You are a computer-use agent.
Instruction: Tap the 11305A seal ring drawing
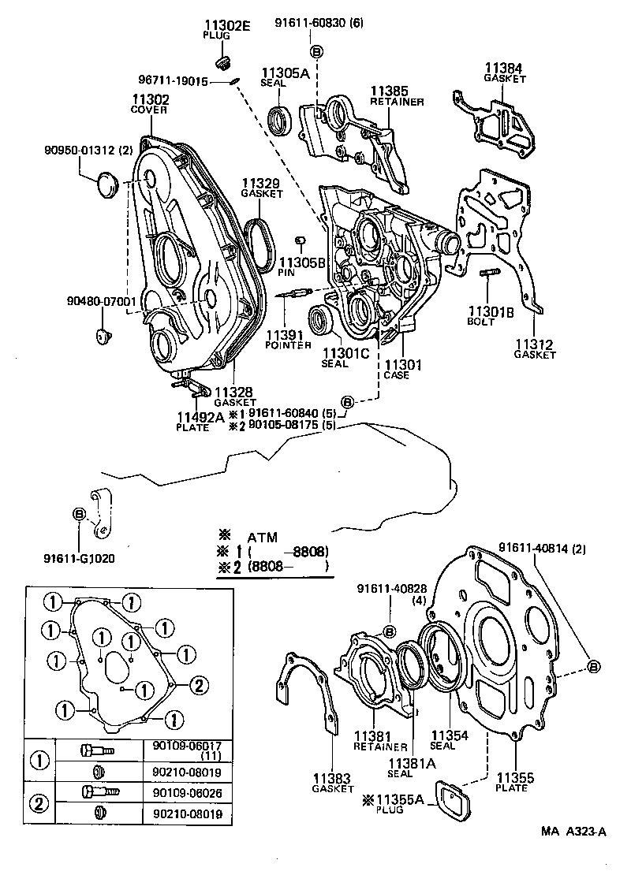[280, 118]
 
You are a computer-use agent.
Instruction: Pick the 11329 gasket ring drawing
[261, 244]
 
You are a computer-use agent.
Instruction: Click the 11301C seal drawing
[321, 320]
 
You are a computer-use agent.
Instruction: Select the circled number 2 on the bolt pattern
[198, 685]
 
